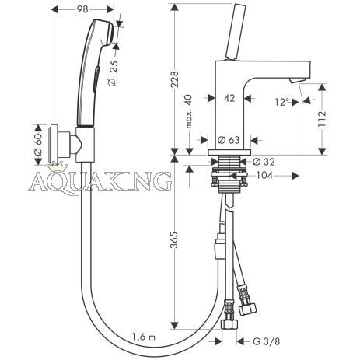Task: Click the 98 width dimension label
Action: coord(82,9)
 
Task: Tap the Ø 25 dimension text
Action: coord(113,73)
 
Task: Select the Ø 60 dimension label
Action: coord(38,145)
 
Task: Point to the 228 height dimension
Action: coord(175,79)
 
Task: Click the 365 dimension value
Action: coord(174,240)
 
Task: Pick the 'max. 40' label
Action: coord(189,111)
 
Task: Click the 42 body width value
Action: coord(229,98)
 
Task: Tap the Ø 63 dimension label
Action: coord(229,140)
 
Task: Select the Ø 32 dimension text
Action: coord(264,162)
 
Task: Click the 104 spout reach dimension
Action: coord(264,176)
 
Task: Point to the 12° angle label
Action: coord(282,102)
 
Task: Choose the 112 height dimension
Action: coord(322,119)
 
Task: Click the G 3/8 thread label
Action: coord(267,341)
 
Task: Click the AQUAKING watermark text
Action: coord(100,181)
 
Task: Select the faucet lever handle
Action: coord(236,32)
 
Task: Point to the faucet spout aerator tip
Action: coord(295,80)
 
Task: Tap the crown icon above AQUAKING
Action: coord(55,166)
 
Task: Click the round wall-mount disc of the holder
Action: coord(54,145)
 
